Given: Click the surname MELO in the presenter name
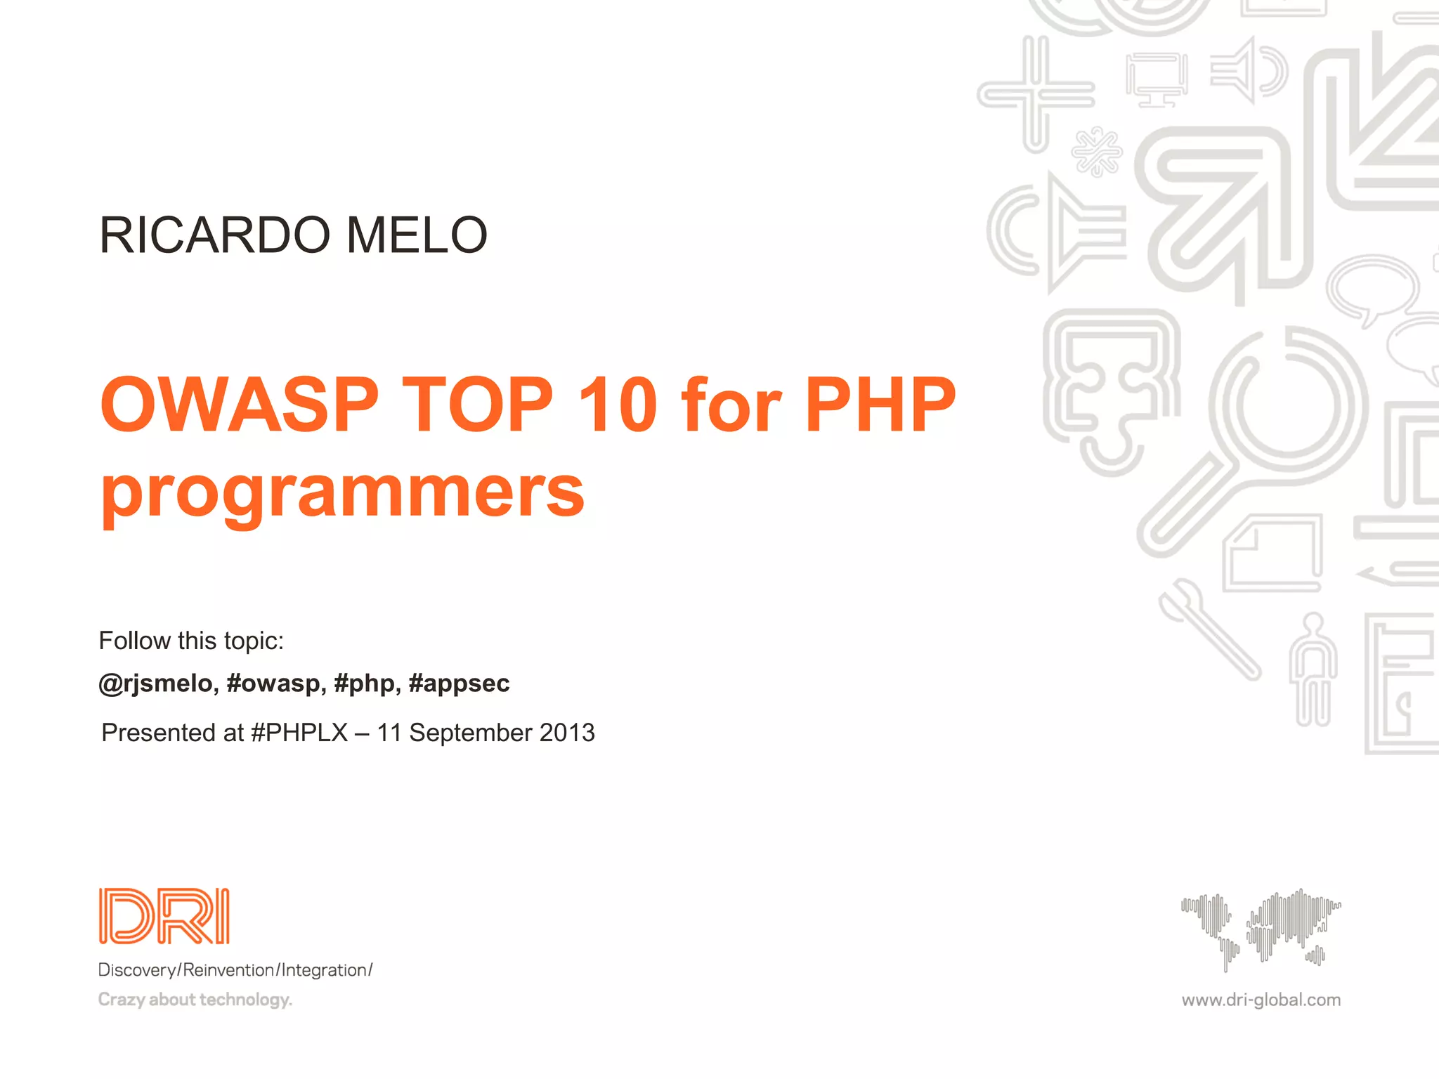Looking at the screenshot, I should (417, 235).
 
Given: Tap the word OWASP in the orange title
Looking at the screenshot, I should (240, 405).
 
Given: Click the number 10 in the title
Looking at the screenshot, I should (618, 405).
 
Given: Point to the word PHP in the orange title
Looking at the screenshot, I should (880, 405).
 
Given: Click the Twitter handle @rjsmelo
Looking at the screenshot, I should (155, 683).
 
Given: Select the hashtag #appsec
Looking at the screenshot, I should (459, 683).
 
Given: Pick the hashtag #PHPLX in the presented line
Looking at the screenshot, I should (299, 733).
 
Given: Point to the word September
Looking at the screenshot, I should (471, 733).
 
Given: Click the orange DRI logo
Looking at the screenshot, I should (164, 916).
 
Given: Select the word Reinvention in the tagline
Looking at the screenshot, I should (228, 970).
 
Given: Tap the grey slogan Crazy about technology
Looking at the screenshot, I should (195, 1000).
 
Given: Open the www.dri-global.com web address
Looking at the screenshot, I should (1261, 1000).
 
